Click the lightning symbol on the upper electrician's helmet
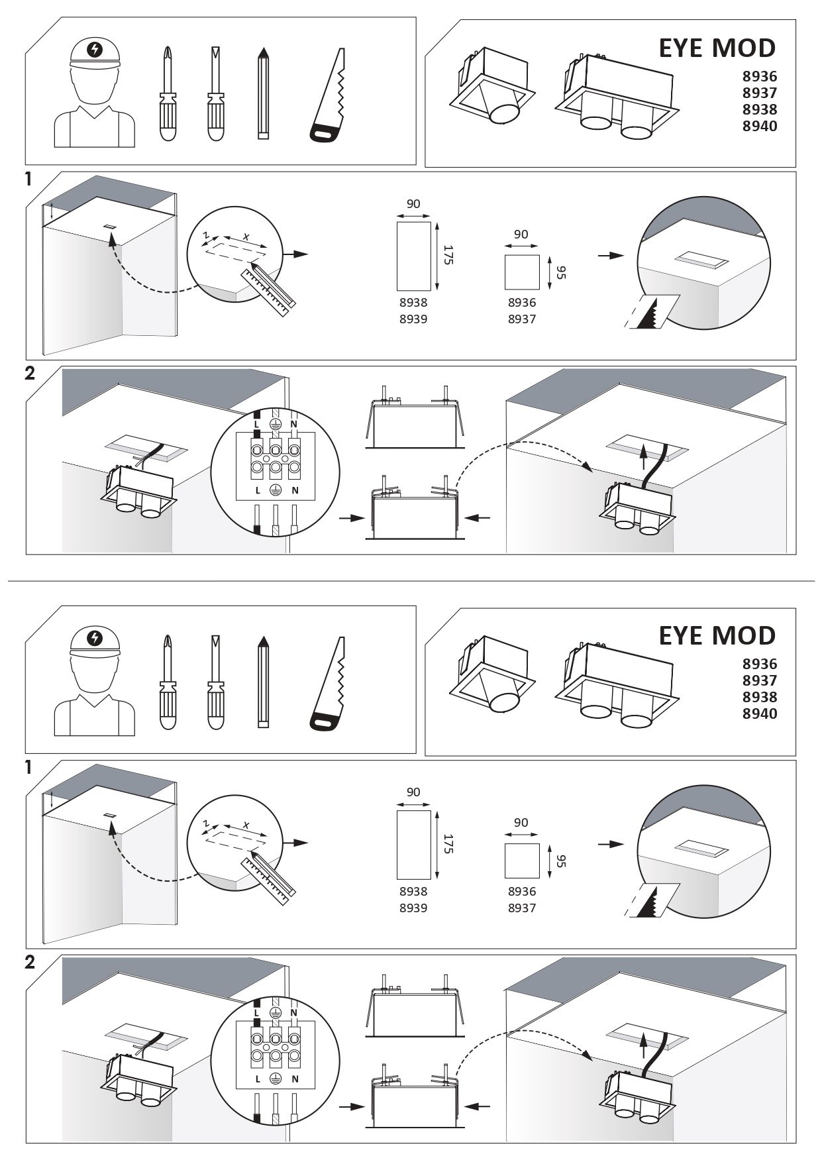95,49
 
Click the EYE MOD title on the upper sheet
717,48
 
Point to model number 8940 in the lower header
759,714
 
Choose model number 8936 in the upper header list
759,77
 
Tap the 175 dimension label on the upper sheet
447,255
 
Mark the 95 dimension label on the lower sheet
560,861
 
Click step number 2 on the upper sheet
29,373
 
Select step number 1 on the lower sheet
28,768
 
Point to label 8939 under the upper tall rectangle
413,319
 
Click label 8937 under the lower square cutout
522,908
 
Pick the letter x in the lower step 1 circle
245,825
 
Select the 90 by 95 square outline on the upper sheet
522,272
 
